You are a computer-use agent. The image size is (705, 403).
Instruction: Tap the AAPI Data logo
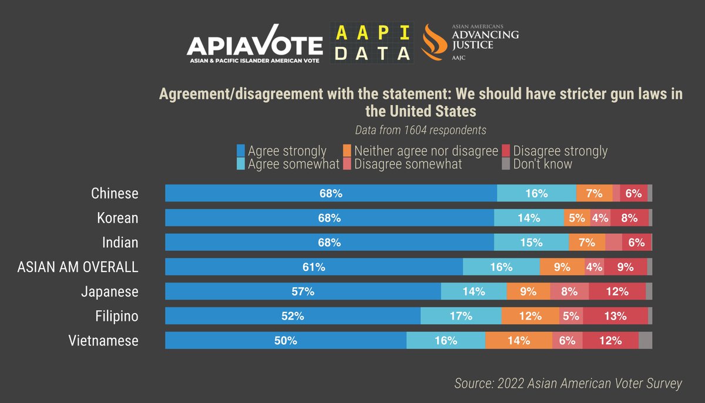pyautogui.click(x=371, y=42)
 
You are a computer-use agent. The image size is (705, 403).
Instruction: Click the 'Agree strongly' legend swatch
pyautogui.click(x=240, y=151)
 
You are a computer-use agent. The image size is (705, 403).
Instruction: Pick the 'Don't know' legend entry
pyautogui.click(x=537, y=164)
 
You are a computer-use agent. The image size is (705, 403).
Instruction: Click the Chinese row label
pyautogui.click(x=115, y=193)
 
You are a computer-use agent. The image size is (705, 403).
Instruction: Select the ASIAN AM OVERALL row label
pyautogui.click(x=78, y=267)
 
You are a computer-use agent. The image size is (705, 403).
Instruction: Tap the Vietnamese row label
pyautogui.click(x=103, y=340)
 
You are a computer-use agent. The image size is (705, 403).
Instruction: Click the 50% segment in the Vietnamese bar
pyautogui.click(x=286, y=340)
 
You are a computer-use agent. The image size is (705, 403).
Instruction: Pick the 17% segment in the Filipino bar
pyautogui.click(x=461, y=316)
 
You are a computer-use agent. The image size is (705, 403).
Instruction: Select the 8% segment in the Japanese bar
pyautogui.click(x=569, y=291)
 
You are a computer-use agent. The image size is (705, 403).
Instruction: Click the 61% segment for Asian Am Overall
pyautogui.click(x=314, y=267)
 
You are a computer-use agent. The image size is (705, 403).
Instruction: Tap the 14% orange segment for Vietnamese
pyautogui.click(x=518, y=340)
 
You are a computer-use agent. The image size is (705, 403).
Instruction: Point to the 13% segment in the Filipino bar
pyautogui.click(x=615, y=316)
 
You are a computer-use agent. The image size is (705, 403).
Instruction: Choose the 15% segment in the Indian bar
pyautogui.click(x=531, y=242)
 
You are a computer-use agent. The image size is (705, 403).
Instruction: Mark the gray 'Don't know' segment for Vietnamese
pyautogui.click(x=645, y=340)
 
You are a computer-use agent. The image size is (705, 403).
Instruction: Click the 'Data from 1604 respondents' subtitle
pyautogui.click(x=421, y=130)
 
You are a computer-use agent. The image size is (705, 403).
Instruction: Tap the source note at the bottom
pyautogui.click(x=568, y=384)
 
